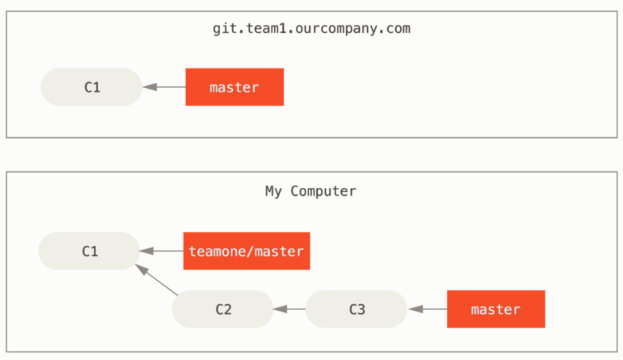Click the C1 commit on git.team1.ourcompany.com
tap(92, 87)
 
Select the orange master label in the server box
tap(234, 87)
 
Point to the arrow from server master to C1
tap(164, 87)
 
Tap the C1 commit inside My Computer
tap(89, 251)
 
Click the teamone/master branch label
tap(246, 251)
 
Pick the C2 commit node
tap(223, 309)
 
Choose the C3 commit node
tap(356, 309)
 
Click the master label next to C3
tap(495, 309)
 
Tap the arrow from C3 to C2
tap(290, 309)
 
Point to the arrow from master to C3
tap(428, 309)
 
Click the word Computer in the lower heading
tap(323, 192)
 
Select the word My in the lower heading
tap(273, 192)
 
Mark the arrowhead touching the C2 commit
tap(279, 309)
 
